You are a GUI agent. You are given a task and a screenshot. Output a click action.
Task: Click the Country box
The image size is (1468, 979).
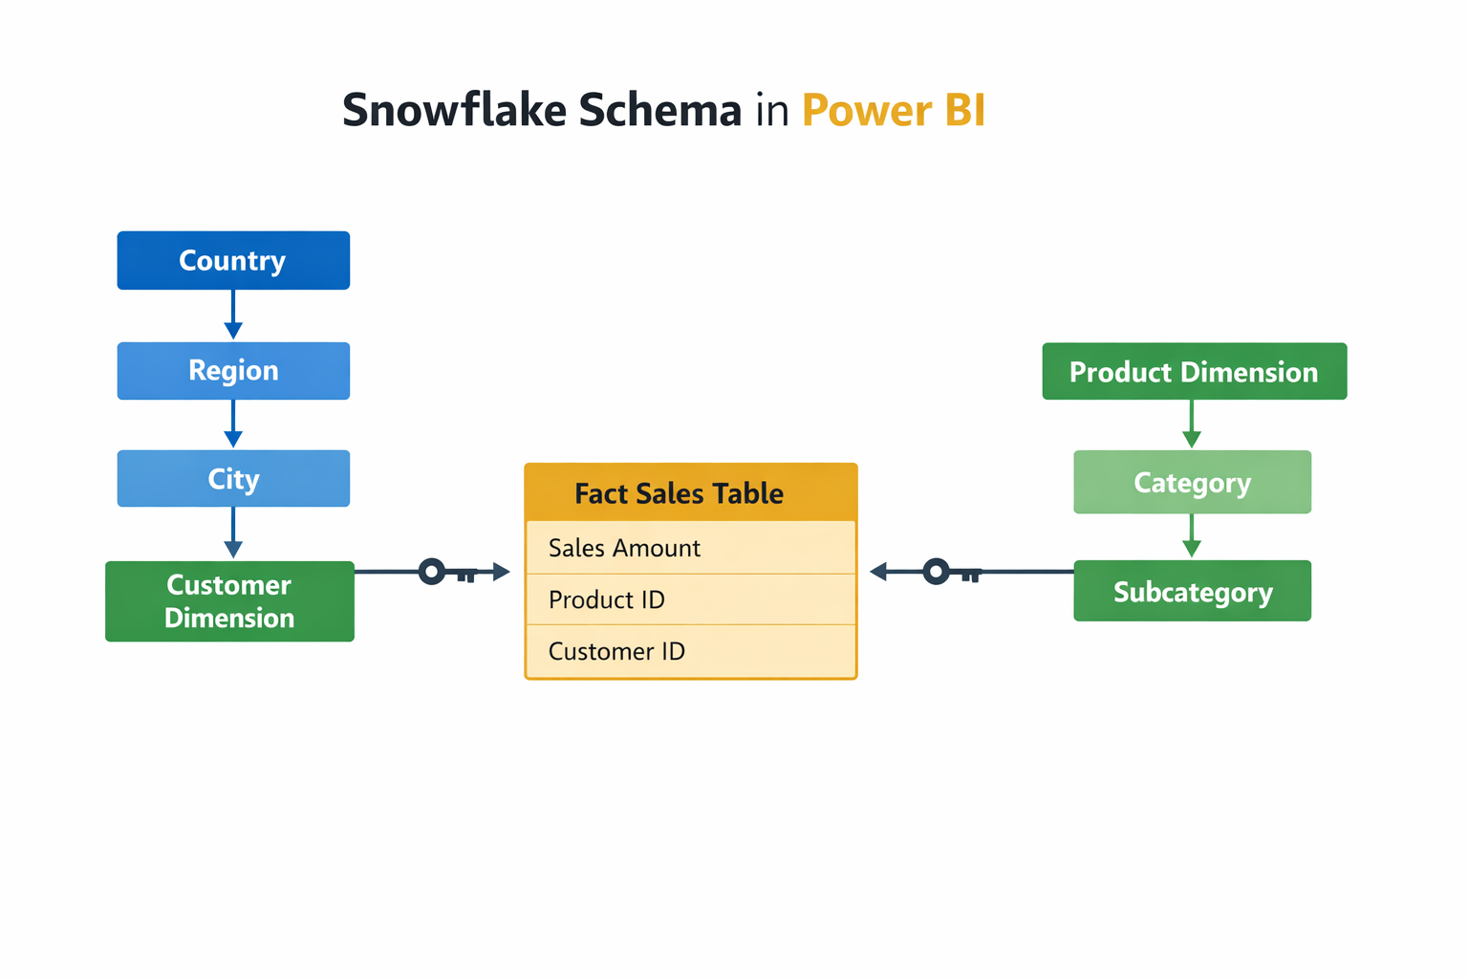(x=233, y=260)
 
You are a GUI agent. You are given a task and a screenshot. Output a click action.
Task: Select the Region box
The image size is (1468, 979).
(x=233, y=371)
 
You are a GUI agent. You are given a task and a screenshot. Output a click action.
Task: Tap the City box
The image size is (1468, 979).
(x=233, y=478)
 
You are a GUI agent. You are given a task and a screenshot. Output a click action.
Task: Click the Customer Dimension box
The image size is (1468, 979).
(x=229, y=601)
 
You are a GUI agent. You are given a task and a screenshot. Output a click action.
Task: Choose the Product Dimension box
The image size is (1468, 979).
(x=1194, y=372)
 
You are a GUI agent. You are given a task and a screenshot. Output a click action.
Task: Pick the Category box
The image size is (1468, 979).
(x=1192, y=483)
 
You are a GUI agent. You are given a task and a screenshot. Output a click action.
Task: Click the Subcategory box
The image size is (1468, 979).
(x=1192, y=592)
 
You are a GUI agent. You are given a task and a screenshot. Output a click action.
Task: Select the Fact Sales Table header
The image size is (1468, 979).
(x=690, y=493)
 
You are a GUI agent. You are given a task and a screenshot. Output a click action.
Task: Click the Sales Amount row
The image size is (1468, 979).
(x=690, y=548)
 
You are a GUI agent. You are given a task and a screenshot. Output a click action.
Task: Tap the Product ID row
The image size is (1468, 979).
(x=690, y=599)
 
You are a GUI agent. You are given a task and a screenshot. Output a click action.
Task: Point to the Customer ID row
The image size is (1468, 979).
(x=690, y=651)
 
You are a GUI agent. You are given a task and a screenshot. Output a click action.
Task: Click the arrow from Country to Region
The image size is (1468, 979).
(x=233, y=315)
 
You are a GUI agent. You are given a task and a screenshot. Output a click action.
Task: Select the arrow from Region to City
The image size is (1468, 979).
(x=233, y=424)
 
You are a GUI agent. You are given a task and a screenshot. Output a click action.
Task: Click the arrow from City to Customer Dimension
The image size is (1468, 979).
(x=233, y=533)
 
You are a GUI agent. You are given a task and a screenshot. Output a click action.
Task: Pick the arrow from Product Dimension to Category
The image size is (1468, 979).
(x=1191, y=424)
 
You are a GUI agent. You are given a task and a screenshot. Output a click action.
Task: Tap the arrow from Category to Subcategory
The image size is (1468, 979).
(x=1191, y=536)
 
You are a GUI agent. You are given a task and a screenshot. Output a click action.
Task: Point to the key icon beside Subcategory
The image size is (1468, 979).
(x=950, y=573)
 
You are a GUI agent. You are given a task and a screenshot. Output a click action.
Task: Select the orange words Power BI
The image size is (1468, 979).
(x=893, y=110)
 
